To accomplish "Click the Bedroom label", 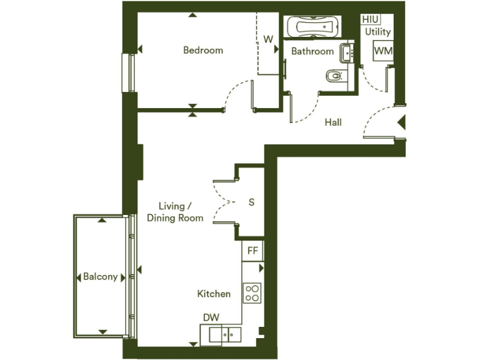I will click(202, 50).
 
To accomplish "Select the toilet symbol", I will click(335, 77).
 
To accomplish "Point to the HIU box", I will click(370, 19).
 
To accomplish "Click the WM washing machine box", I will click(382, 51).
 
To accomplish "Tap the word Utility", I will click(378, 32).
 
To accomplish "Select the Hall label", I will click(333, 122).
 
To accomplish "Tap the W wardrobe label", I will click(268, 39).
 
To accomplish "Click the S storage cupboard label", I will click(252, 202).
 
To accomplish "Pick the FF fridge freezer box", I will click(252, 251).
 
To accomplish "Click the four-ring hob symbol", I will click(252, 292).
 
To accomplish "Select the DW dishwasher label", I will click(211, 317).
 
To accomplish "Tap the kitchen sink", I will click(224, 334).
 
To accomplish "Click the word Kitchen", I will click(214, 294).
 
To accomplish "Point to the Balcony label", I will click(101, 277).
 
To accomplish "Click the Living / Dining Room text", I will click(175, 212).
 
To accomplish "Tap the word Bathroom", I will click(312, 51).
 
